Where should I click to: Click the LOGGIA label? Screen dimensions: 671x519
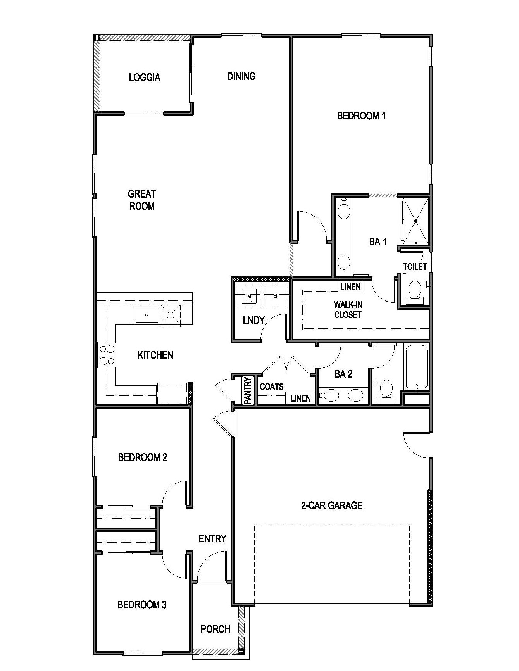(145, 78)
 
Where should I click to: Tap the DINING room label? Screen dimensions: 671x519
(241, 76)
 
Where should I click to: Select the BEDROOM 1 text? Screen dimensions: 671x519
(361, 116)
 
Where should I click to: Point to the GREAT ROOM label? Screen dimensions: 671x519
(142, 200)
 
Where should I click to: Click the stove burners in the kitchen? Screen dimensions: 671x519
(107, 355)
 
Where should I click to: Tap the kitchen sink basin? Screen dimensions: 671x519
(146, 315)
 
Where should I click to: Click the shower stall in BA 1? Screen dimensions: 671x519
(416, 221)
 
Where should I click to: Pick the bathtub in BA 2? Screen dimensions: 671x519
(417, 367)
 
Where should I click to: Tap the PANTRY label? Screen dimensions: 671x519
(248, 390)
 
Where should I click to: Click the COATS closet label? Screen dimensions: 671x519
(271, 386)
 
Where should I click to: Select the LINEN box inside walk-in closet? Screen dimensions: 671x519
(350, 287)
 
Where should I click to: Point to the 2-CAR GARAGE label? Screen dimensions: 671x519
(332, 505)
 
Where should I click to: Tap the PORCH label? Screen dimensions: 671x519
(215, 629)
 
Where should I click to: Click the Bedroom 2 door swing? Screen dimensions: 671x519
(174, 493)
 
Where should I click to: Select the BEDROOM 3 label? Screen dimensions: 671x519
(142, 605)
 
